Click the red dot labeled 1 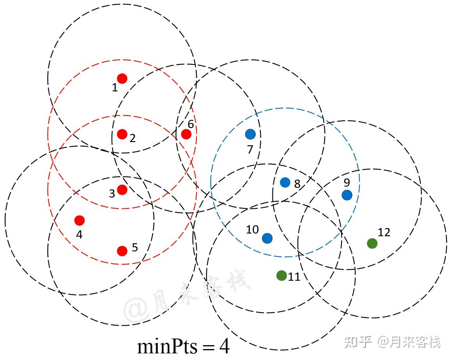tap(122, 78)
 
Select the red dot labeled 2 tap(122, 134)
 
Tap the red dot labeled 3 tap(122, 190)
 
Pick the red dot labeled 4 tap(80, 221)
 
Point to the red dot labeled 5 tap(122, 251)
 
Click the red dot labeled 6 tap(186, 134)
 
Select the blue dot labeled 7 tap(250, 134)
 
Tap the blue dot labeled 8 tap(285, 182)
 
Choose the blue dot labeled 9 tap(347, 195)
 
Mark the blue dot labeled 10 tap(267, 238)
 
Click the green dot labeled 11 tap(281, 275)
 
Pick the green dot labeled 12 tap(372, 243)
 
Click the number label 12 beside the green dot tap(384, 232)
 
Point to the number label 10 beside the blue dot tap(252, 230)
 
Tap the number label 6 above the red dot tap(190, 124)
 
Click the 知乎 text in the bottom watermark tap(357, 342)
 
